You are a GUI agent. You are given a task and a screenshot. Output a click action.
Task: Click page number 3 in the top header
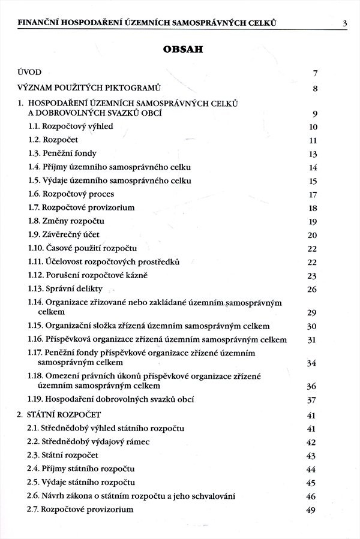coord(344,24)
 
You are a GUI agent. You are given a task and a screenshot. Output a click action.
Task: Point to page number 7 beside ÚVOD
coord(314,74)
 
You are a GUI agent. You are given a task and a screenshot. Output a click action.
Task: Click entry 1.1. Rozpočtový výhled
coord(70,127)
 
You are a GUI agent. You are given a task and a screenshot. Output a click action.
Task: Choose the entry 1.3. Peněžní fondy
coord(62,153)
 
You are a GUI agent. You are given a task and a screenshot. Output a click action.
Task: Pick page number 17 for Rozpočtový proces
coord(312,195)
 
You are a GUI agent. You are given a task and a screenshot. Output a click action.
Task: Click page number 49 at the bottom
coord(311,510)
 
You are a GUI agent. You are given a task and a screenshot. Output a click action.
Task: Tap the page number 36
coord(311,387)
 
